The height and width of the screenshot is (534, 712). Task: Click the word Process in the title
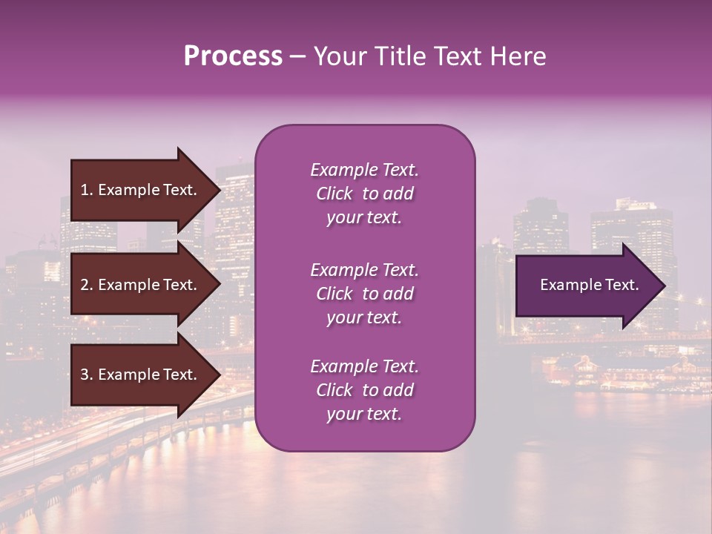[233, 56]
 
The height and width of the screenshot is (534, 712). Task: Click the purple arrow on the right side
[586, 286]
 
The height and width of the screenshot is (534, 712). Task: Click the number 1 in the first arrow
[85, 190]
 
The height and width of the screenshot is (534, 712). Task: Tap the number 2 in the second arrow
[85, 285]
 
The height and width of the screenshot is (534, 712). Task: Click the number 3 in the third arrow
[85, 375]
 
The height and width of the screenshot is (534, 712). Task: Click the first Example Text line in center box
[364, 170]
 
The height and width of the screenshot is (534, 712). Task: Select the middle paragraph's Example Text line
[364, 270]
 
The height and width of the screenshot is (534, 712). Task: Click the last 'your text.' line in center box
[364, 415]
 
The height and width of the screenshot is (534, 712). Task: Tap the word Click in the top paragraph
[334, 194]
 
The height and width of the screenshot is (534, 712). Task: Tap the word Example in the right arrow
[567, 285]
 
